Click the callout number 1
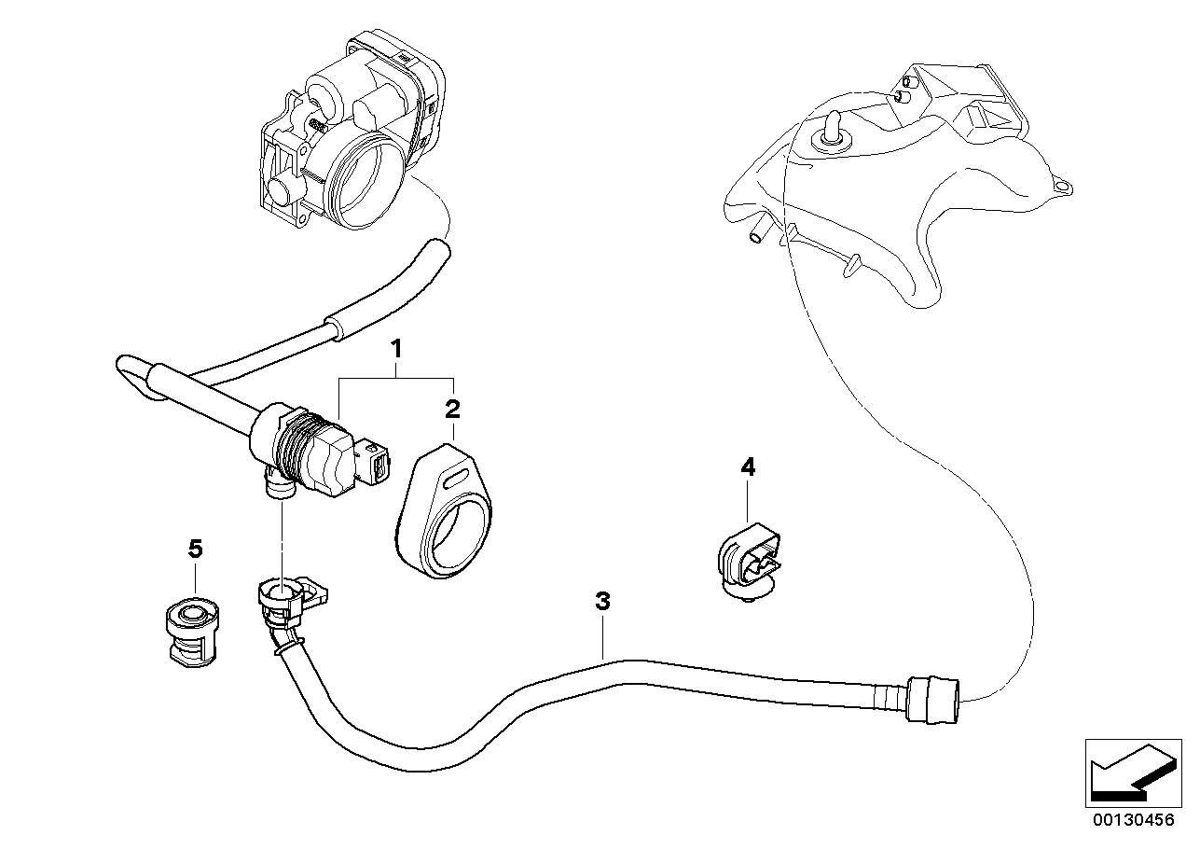[x=396, y=350]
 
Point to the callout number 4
[x=747, y=466]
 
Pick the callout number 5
[x=195, y=549]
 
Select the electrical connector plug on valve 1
[x=376, y=464]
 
